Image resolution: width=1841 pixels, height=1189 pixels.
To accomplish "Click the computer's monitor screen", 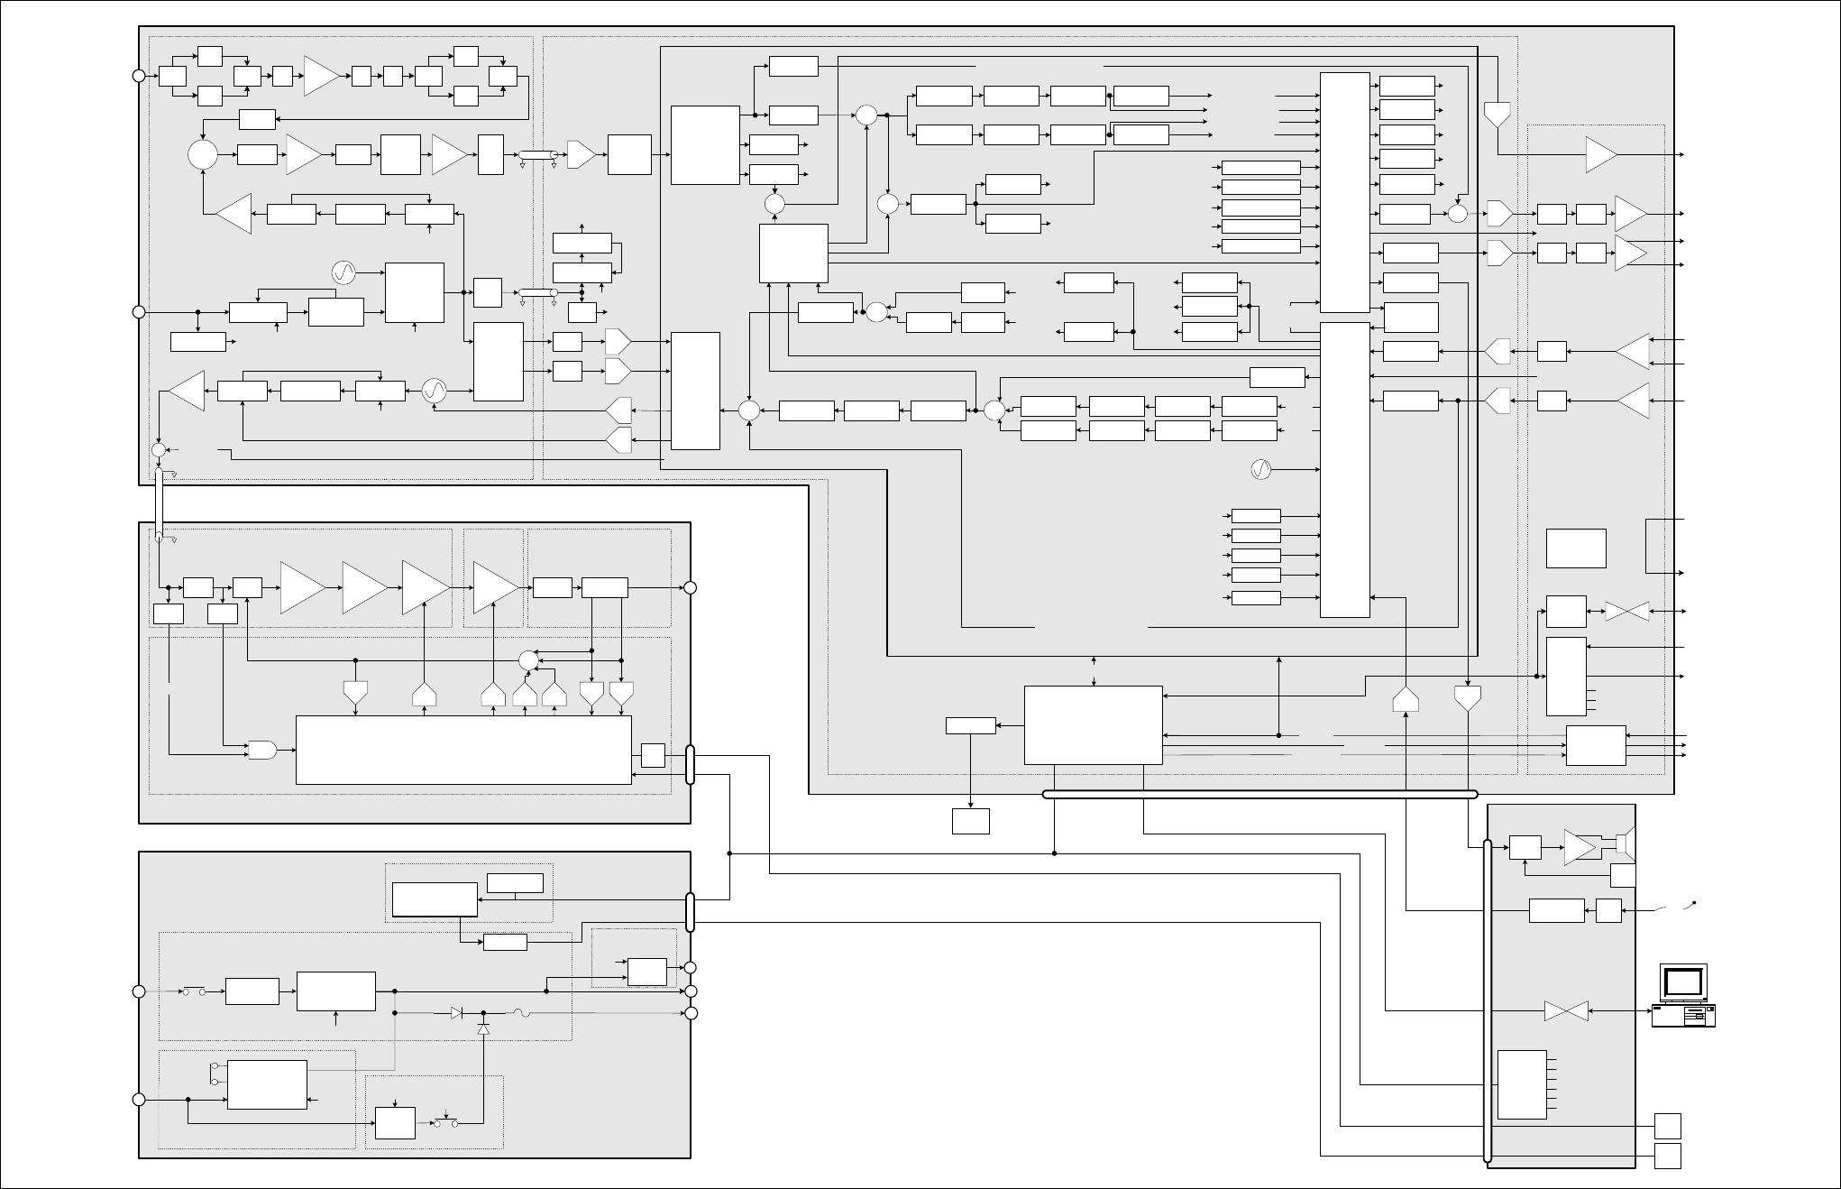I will [x=1683, y=981].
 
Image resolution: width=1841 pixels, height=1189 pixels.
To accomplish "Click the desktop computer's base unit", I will [x=1683, y=1016].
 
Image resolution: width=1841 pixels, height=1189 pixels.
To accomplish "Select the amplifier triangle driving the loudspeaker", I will [x=1580, y=846].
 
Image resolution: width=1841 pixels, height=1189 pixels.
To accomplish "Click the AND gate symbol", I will [x=261, y=750].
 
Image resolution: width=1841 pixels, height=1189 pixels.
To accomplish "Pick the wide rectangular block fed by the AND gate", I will [x=463, y=750].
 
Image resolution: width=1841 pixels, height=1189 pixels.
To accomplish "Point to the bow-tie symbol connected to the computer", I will [x=1566, y=1011].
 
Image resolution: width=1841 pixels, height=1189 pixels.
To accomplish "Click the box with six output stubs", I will [x=1522, y=1084].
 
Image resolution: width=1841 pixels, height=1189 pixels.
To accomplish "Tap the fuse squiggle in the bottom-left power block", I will [x=522, y=1013].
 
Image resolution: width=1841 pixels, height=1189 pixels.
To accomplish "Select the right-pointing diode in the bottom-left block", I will [x=457, y=1013].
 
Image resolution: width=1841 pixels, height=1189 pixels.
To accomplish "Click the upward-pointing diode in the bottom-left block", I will [x=483, y=1029].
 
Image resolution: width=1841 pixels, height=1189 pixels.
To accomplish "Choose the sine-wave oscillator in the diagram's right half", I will [x=1261, y=469].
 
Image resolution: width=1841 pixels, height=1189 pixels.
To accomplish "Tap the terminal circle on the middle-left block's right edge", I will [x=691, y=587].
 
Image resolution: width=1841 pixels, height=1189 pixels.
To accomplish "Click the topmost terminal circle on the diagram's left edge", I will [x=139, y=76].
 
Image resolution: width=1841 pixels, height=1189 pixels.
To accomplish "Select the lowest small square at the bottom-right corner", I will [x=1668, y=1156].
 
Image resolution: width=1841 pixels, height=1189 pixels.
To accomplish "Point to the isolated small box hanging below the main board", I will [x=971, y=821].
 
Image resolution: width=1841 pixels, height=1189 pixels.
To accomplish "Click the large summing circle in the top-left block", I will [x=203, y=154].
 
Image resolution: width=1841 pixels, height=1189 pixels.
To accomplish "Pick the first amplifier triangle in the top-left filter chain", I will [x=320, y=76].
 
